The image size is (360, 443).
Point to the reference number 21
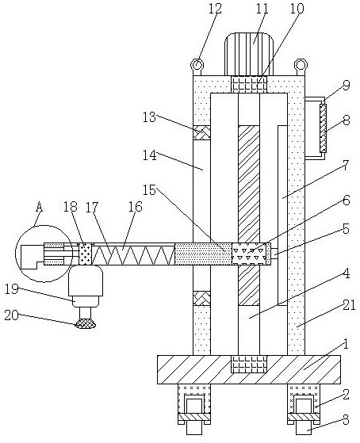[x=349, y=305]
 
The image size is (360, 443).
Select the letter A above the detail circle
[x=40, y=207]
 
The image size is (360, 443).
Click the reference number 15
[x=149, y=190]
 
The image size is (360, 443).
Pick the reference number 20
[x=12, y=315]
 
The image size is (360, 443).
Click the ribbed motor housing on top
[x=249, y=54]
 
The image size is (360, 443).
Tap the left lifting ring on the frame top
[x=197, y=65]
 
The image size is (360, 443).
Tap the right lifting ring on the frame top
[x=301, y=65]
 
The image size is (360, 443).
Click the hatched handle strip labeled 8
[x=323, y=128]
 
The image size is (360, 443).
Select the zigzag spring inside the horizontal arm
[x=134, y=255]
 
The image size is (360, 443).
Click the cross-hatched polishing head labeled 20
[x=86, y=324]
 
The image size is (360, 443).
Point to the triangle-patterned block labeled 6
[x=249, y=254]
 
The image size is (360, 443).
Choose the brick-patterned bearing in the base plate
[x=249, y=365]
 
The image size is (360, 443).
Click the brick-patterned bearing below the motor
[x=249, y=85]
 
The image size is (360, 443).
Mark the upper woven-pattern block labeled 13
[x=201, y=132]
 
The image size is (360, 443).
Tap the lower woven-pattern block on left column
[x=201, y=298]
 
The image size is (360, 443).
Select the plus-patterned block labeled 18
[x=86, y=254]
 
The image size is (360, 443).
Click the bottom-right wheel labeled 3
[x=304, y=427]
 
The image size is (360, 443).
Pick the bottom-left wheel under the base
[x=194, y=427]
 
